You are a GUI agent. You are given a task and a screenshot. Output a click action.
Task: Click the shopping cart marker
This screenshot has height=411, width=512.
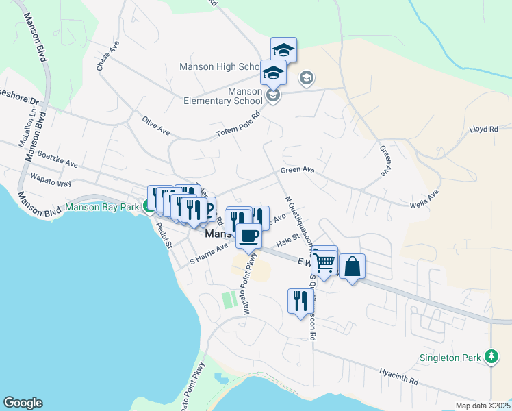pos(324,261)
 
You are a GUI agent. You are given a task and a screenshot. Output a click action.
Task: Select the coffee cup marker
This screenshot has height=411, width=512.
pos(248,236)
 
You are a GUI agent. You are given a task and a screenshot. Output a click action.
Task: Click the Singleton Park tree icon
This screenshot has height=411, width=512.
pos(491,357)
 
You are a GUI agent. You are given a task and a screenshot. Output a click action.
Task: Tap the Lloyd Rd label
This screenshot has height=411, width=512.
pos(483,128)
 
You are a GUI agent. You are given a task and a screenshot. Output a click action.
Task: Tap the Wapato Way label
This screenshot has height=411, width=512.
pos(50,180)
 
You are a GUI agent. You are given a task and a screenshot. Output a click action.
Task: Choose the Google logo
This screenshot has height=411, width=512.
pos(23,403)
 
